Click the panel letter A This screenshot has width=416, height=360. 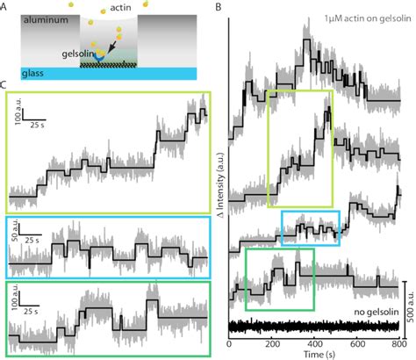point(6,7)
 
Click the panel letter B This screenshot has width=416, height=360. point(219,7)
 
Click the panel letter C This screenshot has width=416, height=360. point(6,85)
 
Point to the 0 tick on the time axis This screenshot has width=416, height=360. point(229,342)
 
